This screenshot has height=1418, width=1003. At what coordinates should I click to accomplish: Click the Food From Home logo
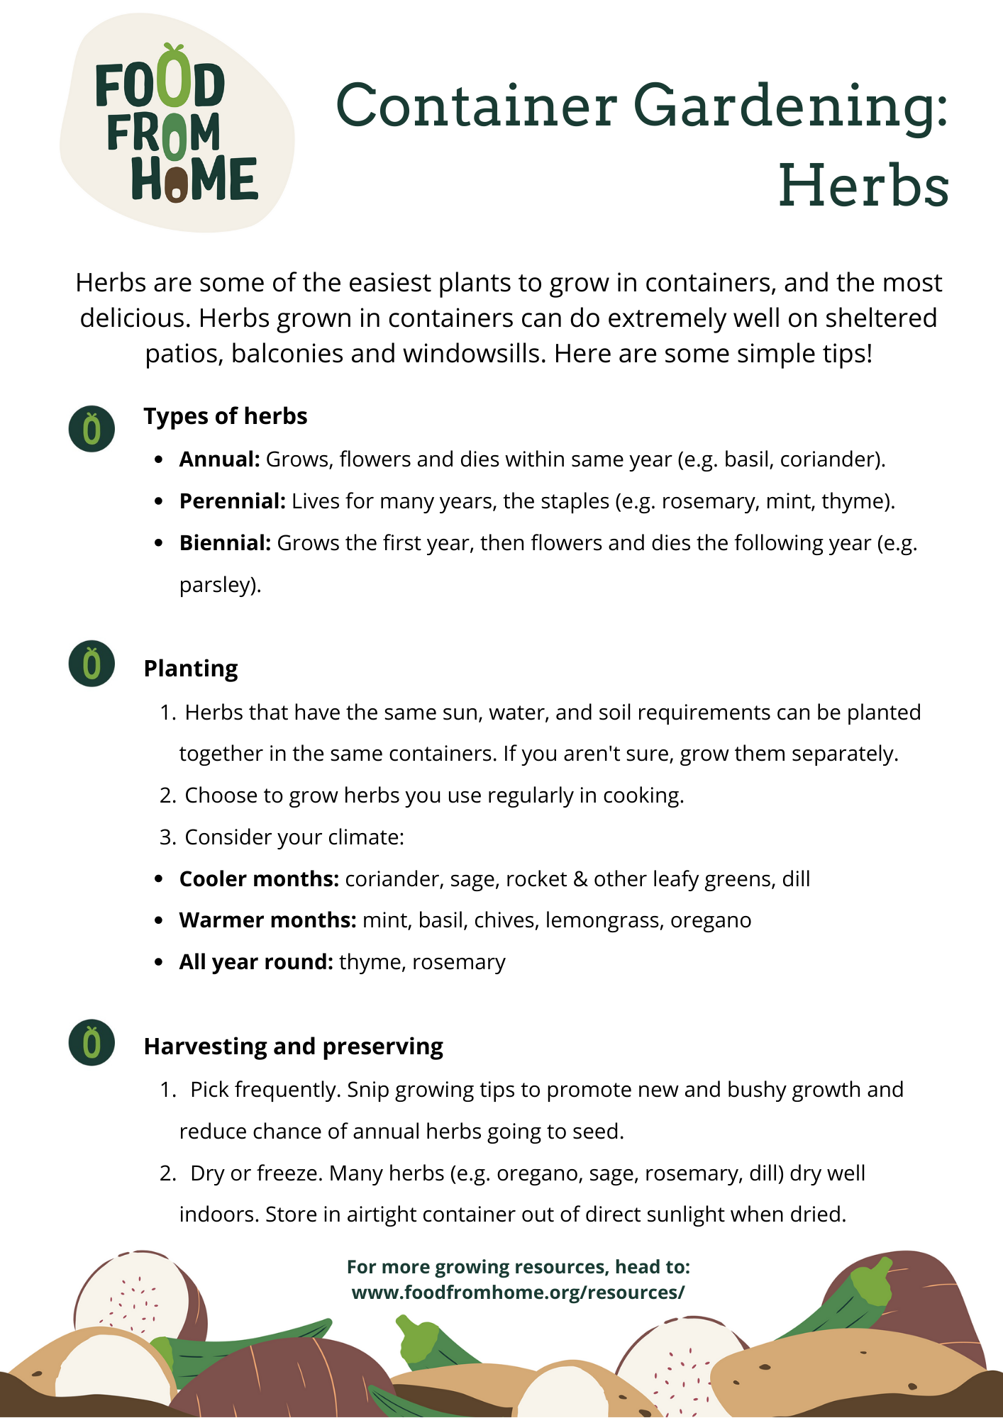177,125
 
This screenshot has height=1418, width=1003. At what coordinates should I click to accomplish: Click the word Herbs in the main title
863,186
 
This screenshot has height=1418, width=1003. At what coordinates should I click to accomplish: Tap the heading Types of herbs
226,416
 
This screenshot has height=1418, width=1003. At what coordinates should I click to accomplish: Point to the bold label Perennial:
233,501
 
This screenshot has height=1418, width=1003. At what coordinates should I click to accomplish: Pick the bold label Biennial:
225,543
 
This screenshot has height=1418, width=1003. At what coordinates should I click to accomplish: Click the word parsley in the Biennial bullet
217,585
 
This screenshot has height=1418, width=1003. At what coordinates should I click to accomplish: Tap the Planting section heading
191,669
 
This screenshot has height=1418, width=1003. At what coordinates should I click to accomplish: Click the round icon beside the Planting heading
92,664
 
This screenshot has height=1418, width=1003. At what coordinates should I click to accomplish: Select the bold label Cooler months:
259,879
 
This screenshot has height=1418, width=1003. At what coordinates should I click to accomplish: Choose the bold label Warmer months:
267,920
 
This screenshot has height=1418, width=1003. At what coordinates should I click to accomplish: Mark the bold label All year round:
256,962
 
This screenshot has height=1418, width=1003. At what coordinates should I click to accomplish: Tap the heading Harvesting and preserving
293,1046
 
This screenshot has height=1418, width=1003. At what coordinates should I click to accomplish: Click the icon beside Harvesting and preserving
92,1042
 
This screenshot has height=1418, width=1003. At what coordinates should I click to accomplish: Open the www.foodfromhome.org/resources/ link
518,1293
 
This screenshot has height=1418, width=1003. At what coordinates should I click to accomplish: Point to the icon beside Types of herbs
92,429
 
